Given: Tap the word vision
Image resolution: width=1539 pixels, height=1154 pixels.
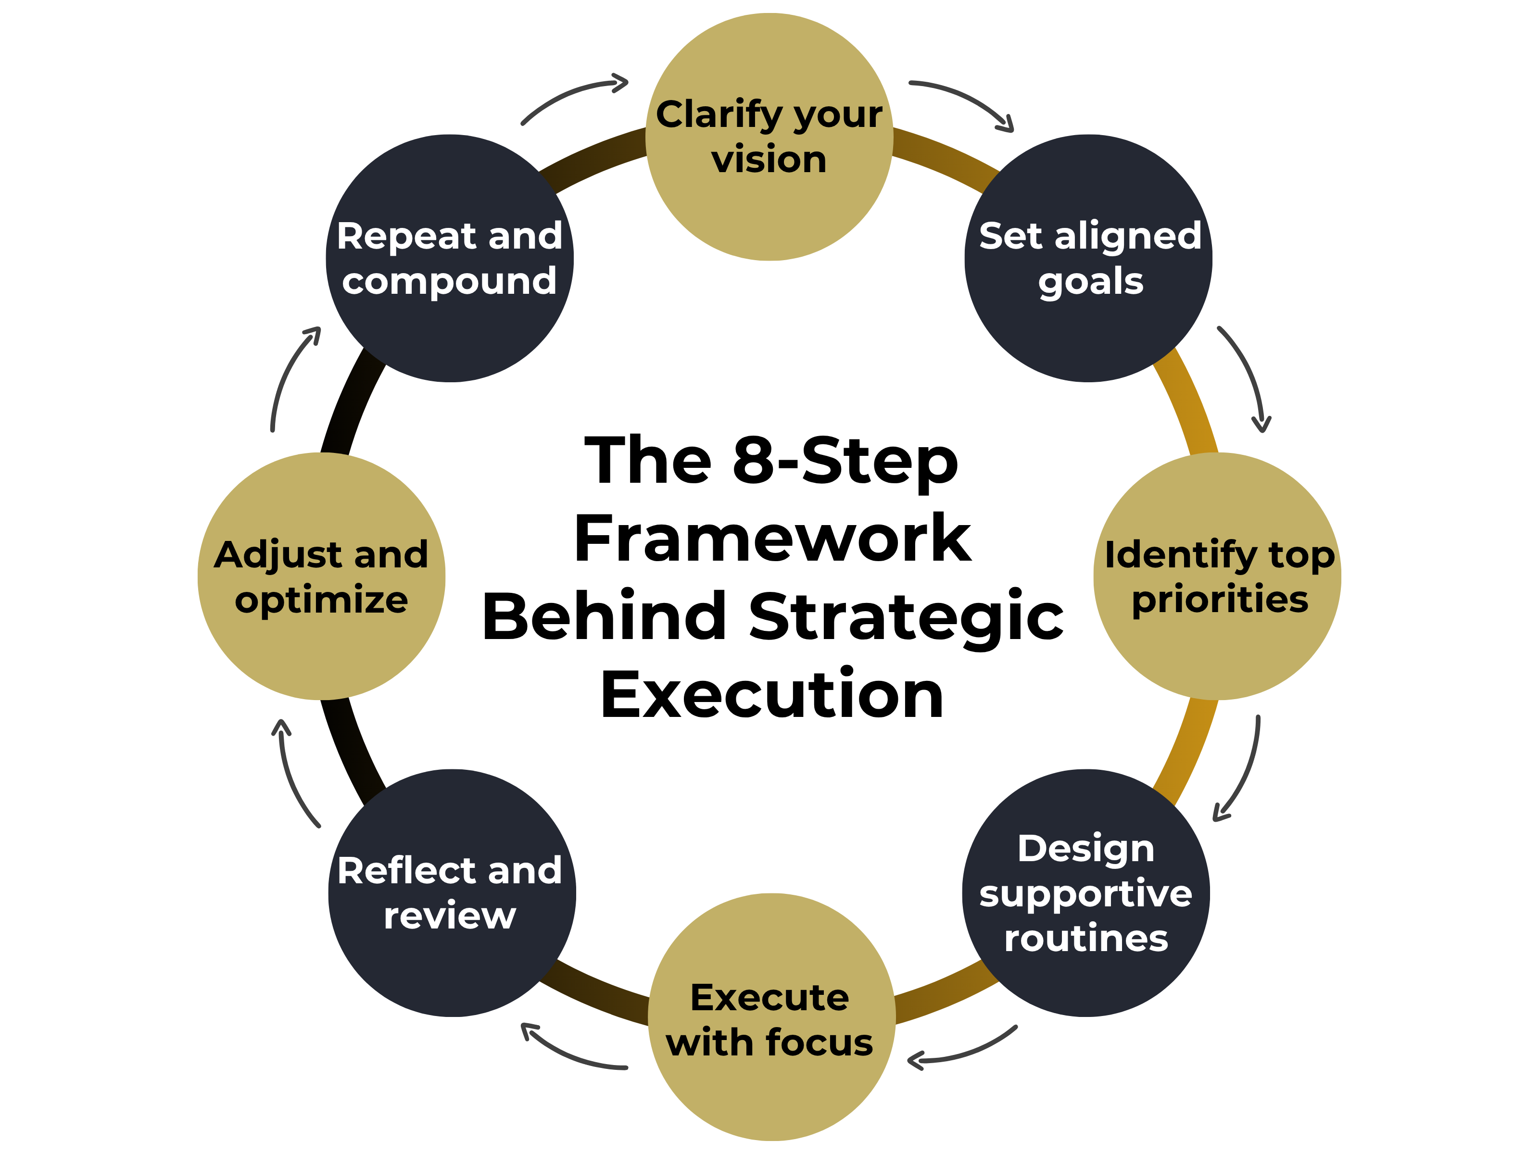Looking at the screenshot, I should (769, 160).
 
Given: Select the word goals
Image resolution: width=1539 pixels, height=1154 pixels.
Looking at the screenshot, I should (1090, 282).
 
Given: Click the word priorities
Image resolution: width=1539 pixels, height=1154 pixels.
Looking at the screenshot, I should (1220, 600).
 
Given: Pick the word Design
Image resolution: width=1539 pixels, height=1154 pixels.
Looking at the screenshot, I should (1085, 849).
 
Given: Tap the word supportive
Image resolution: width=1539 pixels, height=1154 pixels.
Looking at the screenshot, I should (1085, 894).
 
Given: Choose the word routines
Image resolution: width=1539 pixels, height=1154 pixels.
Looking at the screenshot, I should (1085, 939).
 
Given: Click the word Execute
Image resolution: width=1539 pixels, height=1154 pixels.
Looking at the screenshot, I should (769, 998).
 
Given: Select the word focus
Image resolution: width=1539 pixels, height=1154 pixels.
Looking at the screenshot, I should (819, 1043).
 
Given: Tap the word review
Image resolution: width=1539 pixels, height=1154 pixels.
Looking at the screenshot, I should (450, 916).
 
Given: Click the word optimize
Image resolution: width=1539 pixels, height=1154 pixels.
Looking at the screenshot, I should (321, 600).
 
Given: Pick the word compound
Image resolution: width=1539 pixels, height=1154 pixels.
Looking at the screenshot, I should (450, 282).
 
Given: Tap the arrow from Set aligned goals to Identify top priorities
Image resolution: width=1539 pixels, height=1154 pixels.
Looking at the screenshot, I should (1249, 376).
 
